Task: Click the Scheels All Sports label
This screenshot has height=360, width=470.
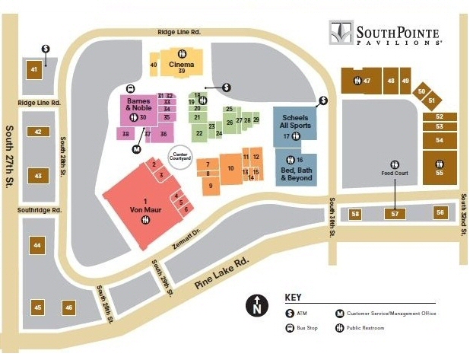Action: pos(295,122)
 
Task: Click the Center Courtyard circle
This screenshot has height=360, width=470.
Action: pos(180,155)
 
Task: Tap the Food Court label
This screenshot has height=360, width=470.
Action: pos(395,173)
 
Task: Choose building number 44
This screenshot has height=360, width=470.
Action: pos(37,245)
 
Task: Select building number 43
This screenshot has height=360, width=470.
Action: pos(37,176)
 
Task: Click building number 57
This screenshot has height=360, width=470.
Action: pos(395,214)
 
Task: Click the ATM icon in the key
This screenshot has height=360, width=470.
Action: pos(290,313)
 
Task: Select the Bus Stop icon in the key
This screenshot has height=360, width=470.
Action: pos(290,328)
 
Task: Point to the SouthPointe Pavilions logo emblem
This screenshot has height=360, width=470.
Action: pos(340,33)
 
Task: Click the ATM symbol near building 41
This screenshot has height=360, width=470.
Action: pos(46,49)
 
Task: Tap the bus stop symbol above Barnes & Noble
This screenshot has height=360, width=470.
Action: pos(131,87)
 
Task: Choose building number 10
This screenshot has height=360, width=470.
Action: pos(230,168)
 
